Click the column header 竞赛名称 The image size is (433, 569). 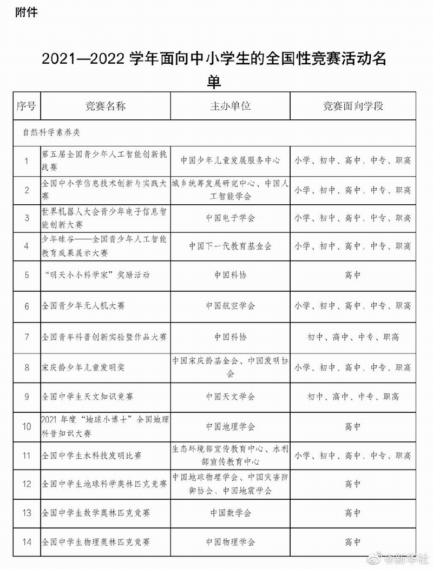coord(106,106)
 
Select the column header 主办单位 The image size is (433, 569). coord(231,106)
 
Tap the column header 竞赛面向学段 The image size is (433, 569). coord(353,106)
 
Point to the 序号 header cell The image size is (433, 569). coord(26,106)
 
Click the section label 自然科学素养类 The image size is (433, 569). coord(51,132)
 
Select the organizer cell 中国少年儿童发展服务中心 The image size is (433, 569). coord(231,160)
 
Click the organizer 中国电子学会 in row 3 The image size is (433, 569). coord(231,218)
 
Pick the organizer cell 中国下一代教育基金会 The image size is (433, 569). coord(231,246)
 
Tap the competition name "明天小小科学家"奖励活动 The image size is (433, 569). coord(96,275)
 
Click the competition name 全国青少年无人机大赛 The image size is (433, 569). coord(83,306)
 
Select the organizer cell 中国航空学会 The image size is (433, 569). coord(231,306)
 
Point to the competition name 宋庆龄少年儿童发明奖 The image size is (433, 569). coord(83,367)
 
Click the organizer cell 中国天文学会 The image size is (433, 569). coord(231,397)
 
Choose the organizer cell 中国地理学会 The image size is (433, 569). coord(231,427)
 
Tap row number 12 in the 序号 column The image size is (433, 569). coord(27,484)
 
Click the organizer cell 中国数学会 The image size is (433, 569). coord(231,513)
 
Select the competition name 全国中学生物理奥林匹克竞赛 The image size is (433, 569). coord(96,541)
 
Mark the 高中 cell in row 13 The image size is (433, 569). coord(353,513)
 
